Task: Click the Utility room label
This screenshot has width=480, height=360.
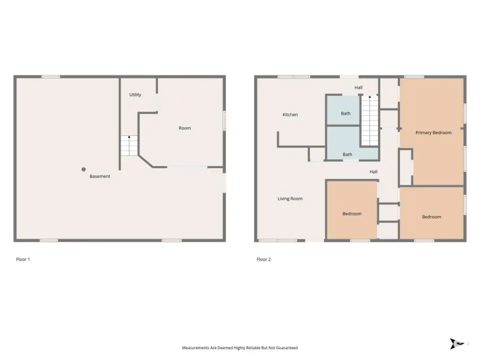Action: coord(135,95)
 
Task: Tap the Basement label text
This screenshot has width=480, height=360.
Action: coord(100,176)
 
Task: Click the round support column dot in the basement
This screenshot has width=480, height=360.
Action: coord(83,169)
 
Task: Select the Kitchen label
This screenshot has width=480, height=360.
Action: coord(290,115)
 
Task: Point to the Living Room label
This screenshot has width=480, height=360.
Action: coord(290,198)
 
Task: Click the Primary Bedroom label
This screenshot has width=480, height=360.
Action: coord(433,133)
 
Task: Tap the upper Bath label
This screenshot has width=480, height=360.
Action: coord(345,113)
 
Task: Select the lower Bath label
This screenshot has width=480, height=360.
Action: coord(347,154)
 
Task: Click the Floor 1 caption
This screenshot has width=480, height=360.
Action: coord(23,259)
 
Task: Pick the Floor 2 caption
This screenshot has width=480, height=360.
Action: coord(263,259)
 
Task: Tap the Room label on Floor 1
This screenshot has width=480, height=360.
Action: coord(184,128)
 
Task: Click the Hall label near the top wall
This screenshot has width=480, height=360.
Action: coord(358,87)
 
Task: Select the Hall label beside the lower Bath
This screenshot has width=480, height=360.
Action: coord(373,172)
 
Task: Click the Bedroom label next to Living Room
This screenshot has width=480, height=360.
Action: coord(351,214)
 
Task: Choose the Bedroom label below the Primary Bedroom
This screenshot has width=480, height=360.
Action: coord(431,217)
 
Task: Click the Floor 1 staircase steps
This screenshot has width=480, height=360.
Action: coord(129,145)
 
